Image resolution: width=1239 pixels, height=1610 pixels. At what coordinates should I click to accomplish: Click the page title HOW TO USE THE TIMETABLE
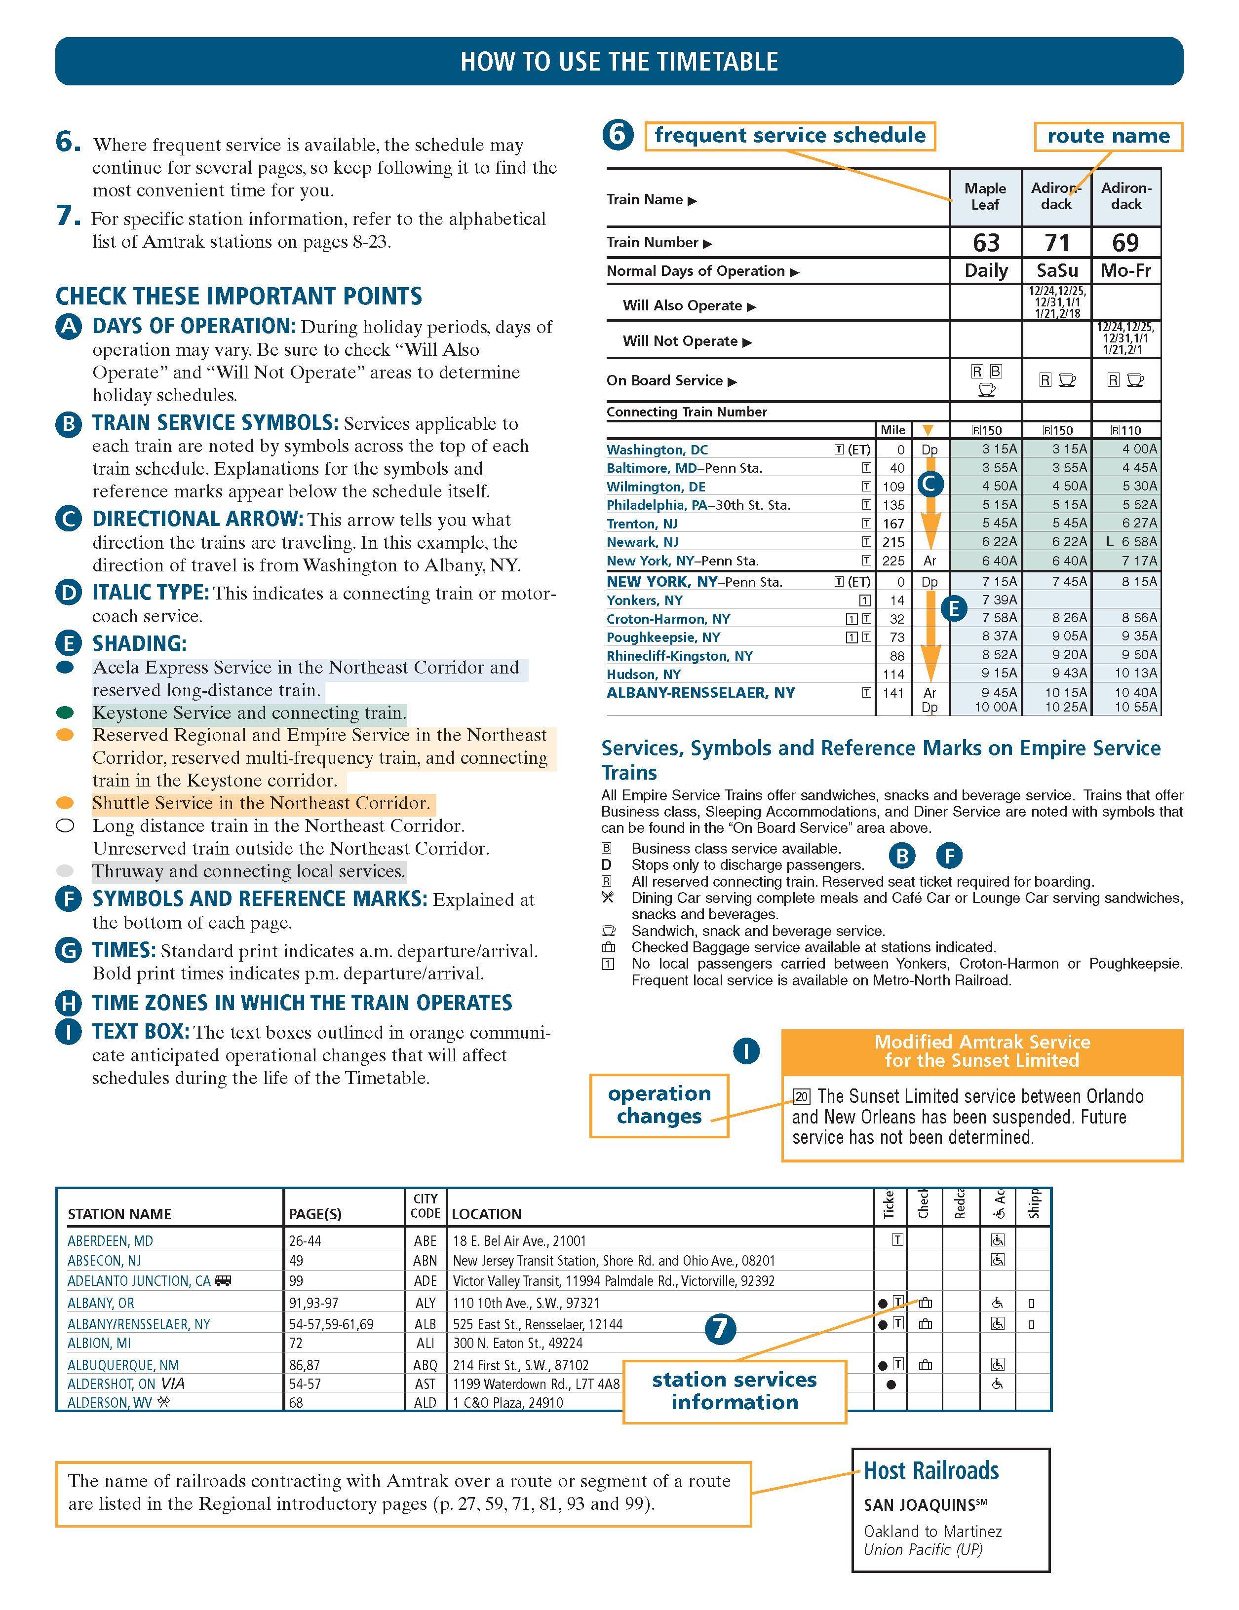619,61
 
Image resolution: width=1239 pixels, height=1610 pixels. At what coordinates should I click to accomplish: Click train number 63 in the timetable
986,243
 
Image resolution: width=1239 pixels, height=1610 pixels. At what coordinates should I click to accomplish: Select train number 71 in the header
1056,243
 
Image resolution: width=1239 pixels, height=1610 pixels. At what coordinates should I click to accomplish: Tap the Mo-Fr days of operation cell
1125,270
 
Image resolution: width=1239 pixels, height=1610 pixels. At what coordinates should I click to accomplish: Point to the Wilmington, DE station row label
656,487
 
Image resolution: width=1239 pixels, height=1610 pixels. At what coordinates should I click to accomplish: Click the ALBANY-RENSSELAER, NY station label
700,693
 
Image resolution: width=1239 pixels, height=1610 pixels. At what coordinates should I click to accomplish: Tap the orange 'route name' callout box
1108,136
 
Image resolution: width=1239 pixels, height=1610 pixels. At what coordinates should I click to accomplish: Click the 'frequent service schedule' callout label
790,136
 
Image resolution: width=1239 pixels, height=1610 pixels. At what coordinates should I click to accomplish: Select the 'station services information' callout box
734,1391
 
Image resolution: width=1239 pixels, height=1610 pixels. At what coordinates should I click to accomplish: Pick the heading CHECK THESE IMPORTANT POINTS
239,297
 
